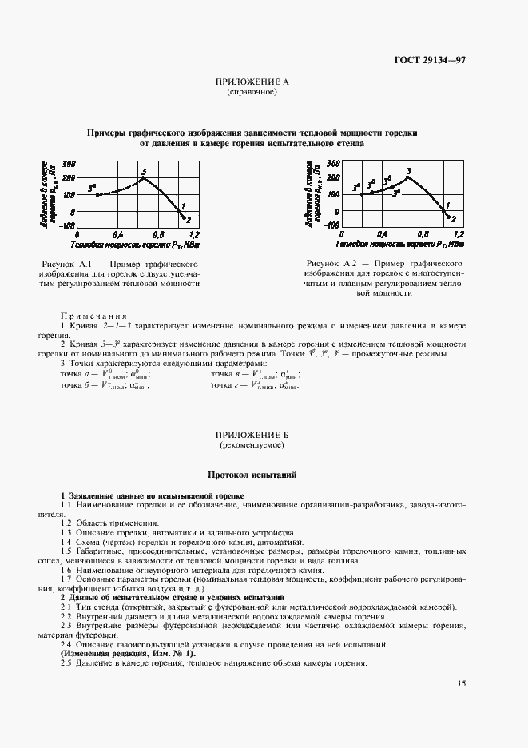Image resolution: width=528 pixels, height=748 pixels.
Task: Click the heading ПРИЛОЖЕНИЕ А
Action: pos(252,82)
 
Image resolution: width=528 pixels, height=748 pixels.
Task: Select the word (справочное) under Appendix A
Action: pos(252,92)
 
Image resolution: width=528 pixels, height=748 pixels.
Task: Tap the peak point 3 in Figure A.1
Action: pos(142,177)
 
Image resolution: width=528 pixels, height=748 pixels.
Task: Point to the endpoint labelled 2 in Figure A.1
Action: pos(185,217)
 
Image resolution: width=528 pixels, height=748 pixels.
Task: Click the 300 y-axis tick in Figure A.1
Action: pos(69,163)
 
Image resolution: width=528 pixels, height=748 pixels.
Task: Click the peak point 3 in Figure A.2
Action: pos(407,177)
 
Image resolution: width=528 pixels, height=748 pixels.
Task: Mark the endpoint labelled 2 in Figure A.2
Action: pos(450,217)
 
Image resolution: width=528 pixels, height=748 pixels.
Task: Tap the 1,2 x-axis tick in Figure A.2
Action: pos(459,235)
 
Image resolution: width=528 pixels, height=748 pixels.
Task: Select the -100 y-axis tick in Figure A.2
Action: pos(333,225)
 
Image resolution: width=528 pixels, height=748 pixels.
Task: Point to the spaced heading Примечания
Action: pos(94,315)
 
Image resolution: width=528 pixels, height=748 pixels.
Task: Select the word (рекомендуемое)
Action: pos(252,444)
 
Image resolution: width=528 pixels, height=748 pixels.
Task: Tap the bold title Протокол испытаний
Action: pos(252,475)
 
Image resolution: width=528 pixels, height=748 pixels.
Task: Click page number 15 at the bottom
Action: pos(462,683)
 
